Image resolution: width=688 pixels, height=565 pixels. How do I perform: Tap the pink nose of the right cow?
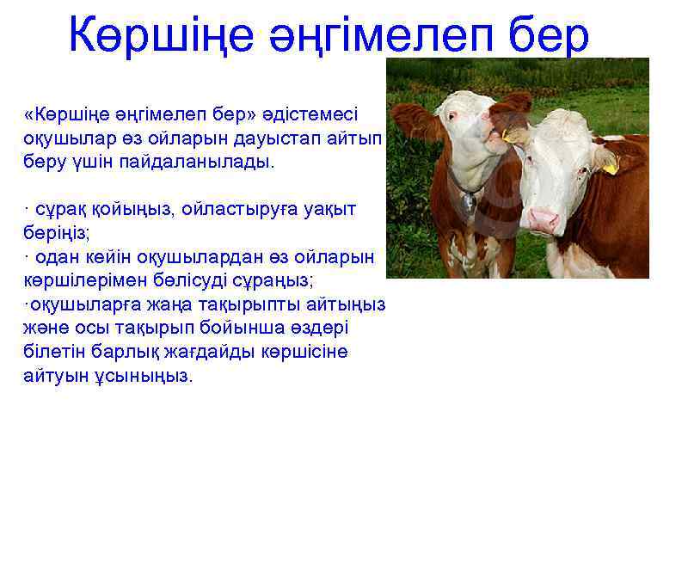pyautogui.click(x=543, y=221)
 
